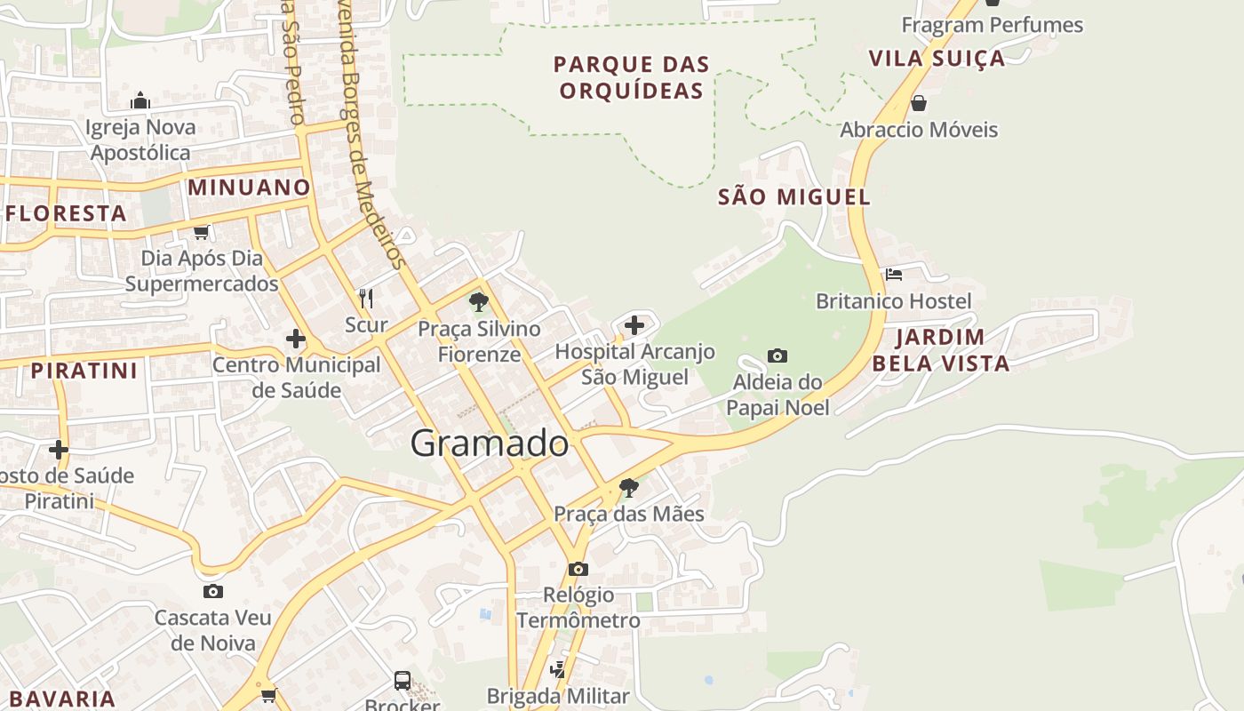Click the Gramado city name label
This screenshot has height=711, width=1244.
coord(490,443)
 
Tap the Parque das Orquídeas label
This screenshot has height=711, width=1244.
coord(631,77)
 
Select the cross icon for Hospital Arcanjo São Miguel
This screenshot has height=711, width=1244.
coord(634,325)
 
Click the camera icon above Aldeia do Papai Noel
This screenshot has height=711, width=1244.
coord(777,356)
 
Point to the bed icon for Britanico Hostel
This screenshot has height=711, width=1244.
coord(894,275)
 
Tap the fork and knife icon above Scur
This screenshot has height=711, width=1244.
coord(365,297)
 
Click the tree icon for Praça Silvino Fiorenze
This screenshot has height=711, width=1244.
coord(479,301)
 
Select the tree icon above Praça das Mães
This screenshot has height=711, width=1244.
coord(629,487)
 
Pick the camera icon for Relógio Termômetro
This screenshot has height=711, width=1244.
coord(578,569)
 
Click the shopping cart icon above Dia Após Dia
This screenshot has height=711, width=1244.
coord(202,232)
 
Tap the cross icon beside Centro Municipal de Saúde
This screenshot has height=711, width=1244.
coord(296,339)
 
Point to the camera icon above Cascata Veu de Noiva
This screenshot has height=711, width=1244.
coord(212,591)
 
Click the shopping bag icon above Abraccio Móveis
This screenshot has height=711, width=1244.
coord(919,103)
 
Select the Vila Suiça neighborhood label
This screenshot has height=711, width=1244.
coord(937,59)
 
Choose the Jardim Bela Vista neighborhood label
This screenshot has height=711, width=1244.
coord(940,350)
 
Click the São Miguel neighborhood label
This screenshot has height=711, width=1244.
coord(794,197)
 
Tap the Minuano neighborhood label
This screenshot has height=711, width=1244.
coord(249,188)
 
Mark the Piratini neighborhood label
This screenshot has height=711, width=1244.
coord(84,371)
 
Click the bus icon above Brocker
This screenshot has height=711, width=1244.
coord(403,681)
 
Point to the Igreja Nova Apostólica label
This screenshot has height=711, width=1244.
coord(140,140)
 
